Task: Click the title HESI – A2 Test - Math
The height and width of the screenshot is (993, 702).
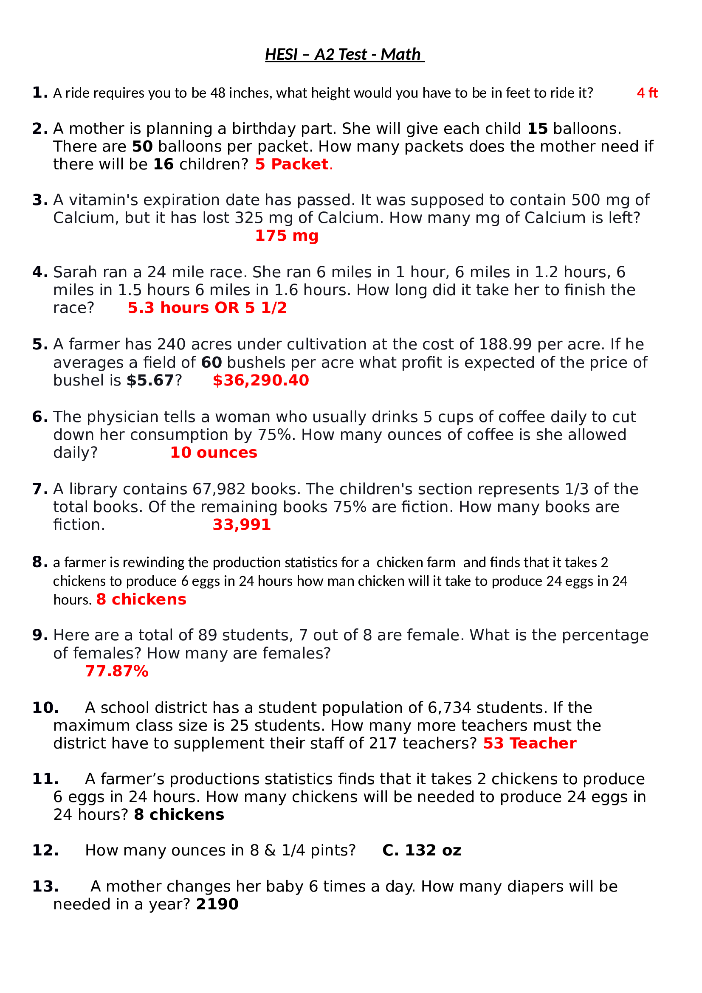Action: [344, 54]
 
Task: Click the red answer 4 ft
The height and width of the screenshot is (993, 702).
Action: [647, 93]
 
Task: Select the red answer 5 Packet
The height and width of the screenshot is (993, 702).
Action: [292, 164]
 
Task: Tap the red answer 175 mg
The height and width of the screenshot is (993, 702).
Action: [286, 236]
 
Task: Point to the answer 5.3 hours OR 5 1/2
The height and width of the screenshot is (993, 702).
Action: [207, 308]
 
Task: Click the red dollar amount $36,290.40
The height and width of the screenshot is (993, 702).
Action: [260, 380]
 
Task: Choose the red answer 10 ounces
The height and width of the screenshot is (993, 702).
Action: [213, 453]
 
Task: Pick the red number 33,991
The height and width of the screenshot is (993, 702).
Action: [241, 525]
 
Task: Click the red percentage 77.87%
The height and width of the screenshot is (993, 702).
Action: [117, 671]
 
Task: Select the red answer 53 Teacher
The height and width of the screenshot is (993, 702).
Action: [529, 743]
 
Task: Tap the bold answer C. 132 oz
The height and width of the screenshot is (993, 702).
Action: [421, 850]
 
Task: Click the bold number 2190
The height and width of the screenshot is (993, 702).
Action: [217, 904]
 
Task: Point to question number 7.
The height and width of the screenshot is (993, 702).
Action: [39, 489]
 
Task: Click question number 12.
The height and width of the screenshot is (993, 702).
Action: [45, 850]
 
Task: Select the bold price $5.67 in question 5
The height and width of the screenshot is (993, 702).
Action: [150, 380]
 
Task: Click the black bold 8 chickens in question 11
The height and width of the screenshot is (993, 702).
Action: [179, 815]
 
